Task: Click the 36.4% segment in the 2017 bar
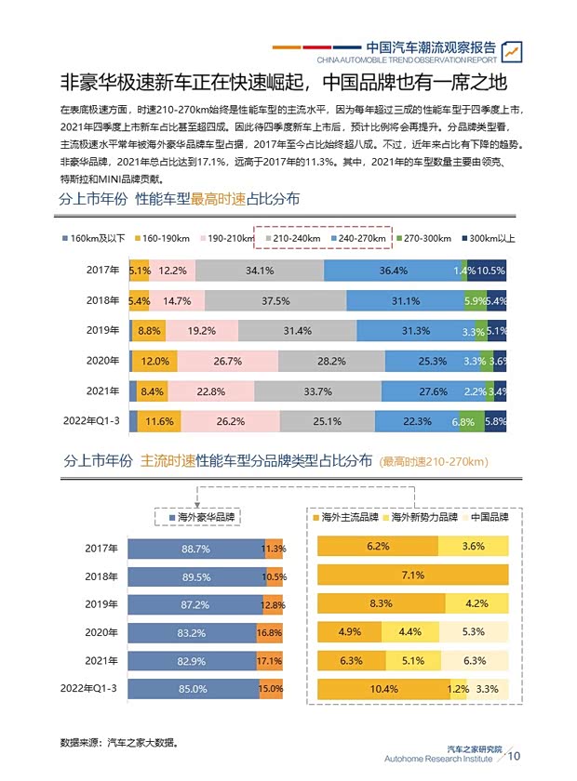tap(393, 271)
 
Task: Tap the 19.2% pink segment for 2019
tap(202, 331)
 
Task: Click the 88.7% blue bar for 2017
tap(195, 549)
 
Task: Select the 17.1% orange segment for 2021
tap(270, 660)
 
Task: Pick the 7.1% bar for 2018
tap(413, 576)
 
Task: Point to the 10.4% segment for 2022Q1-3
tap(383, 689)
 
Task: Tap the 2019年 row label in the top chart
tap(102, 331)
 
